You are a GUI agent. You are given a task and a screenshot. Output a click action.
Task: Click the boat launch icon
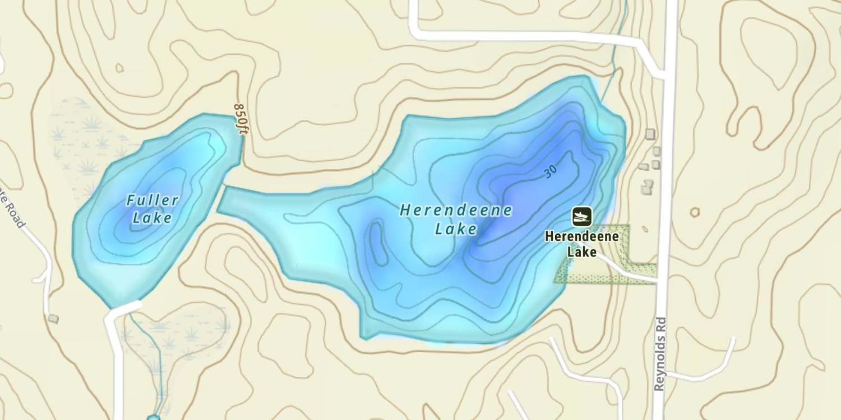[x=582, y=216]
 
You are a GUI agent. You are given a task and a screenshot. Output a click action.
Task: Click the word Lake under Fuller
[x=152, y=218]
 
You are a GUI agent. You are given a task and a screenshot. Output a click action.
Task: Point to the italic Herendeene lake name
[x=455, y=211]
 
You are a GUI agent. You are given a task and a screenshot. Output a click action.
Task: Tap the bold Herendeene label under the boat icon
[x=581, y=236]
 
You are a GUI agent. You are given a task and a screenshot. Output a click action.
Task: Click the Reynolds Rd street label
[x=660, y=354]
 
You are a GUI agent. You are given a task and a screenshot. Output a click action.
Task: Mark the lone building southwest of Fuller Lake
[x=53, y=319]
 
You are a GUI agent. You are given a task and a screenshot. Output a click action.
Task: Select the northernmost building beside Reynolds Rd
[x=650, y=133]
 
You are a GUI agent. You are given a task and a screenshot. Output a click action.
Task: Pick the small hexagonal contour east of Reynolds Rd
[x=695, y=212]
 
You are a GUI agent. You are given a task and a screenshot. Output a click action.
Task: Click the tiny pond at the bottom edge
[x=153, y=417]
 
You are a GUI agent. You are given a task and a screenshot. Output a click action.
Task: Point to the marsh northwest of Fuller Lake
[x=84, y=140]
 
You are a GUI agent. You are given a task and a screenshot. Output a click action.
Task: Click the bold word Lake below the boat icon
[x=581, y=252]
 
